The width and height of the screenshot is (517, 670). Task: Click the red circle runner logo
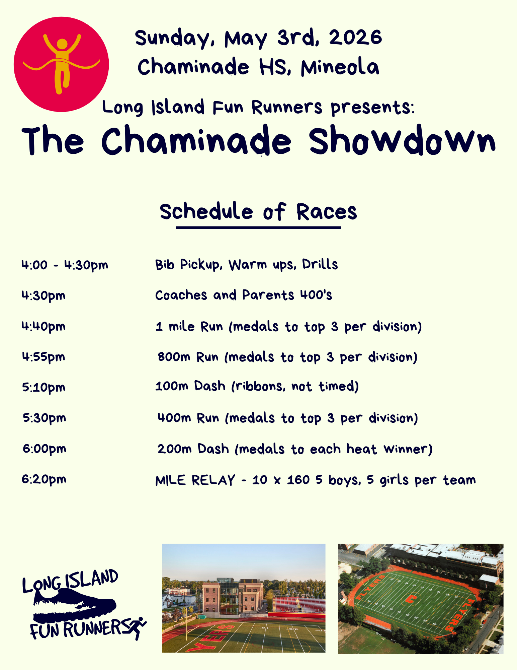(61, 64)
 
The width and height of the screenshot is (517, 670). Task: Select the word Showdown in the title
(402, 141)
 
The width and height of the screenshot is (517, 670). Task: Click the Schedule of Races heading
(258, 212)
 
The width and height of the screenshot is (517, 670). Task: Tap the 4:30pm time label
(44, 296)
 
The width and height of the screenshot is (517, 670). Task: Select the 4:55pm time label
(44, 357)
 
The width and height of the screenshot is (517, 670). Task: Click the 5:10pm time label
(44, 388)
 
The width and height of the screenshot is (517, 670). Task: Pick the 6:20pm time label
(44, 479)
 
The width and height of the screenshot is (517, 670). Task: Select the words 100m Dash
(190, 386)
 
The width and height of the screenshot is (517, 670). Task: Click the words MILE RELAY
(195, 480)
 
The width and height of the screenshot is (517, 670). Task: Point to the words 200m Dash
(193, 449)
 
